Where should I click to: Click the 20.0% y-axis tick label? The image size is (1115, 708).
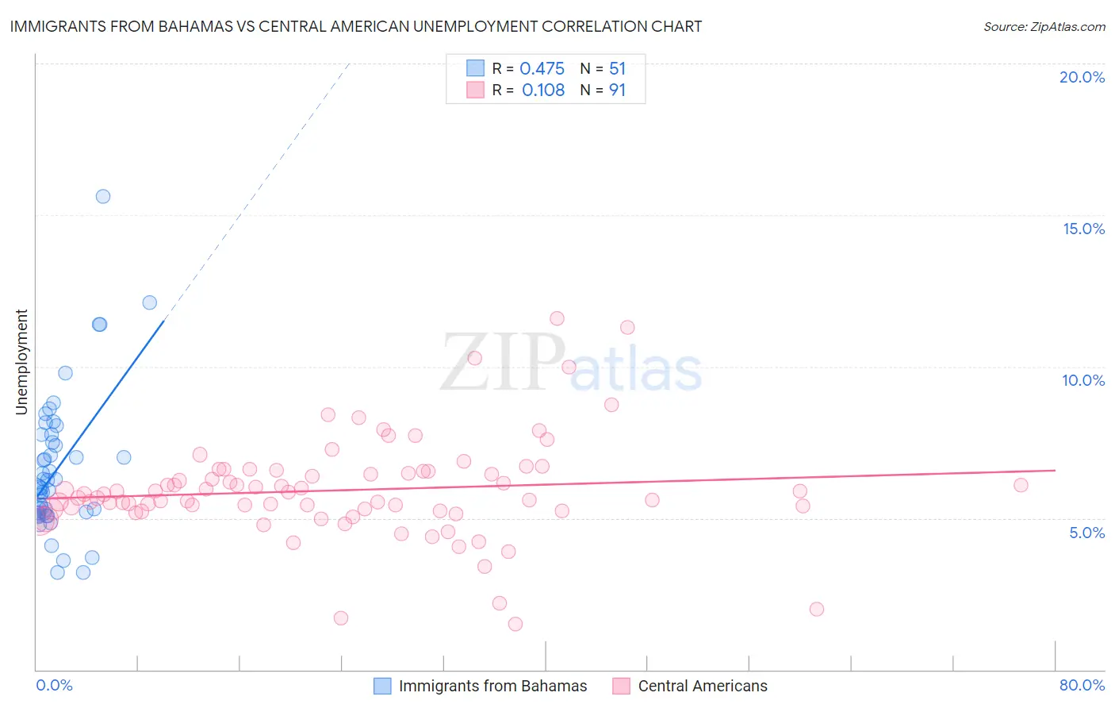1082,77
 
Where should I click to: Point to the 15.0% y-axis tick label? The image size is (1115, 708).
1083,229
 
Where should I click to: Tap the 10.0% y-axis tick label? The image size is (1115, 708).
1083,380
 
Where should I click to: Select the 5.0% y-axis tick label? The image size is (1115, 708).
1086,533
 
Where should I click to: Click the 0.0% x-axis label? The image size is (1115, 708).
54,685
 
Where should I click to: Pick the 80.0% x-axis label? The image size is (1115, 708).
1082,685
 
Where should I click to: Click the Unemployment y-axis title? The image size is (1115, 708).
21,362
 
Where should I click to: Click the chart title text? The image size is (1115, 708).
355,26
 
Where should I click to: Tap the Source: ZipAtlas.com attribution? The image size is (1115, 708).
1044,26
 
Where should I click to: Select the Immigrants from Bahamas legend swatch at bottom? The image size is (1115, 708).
382,686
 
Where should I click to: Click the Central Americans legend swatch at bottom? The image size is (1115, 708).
621,686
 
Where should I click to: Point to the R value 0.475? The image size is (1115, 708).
542,69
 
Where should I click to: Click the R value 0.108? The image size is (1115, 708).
542,90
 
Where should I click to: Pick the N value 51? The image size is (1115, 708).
617,69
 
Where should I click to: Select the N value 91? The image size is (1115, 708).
617,90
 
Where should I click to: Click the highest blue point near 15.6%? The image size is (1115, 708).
103,196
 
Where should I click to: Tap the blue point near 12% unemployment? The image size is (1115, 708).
149,302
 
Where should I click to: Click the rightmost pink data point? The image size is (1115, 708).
1021,485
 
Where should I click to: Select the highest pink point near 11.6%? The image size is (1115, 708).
557,318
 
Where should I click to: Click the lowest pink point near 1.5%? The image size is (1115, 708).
515,624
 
